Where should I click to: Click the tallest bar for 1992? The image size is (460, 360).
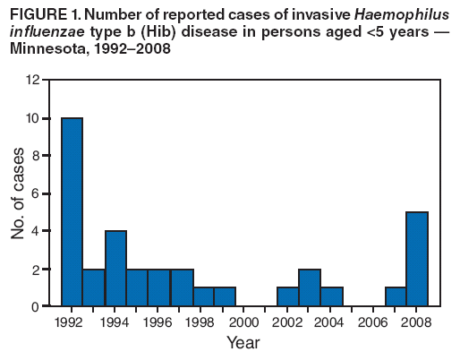pyautogui.click(x=72, y=212)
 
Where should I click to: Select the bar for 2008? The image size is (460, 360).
pyautogui.click(x=418, y=260)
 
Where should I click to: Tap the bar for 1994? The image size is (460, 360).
pyautogui.click(x=115, y=269)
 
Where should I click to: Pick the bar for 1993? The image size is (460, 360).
pyautogui.click(x=94, y=287)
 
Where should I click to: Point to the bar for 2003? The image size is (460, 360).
pyautogui.click(x=310, y=287)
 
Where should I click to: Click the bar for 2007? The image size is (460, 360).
pyautogui.click(x=396, y=297)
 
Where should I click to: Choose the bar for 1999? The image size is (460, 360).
pyautogui.click(x=224, y=297)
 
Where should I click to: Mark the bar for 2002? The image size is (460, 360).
pyautogui.click(x=288, y=297)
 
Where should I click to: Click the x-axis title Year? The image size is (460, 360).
pyautogui.click(x=243, y=343)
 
